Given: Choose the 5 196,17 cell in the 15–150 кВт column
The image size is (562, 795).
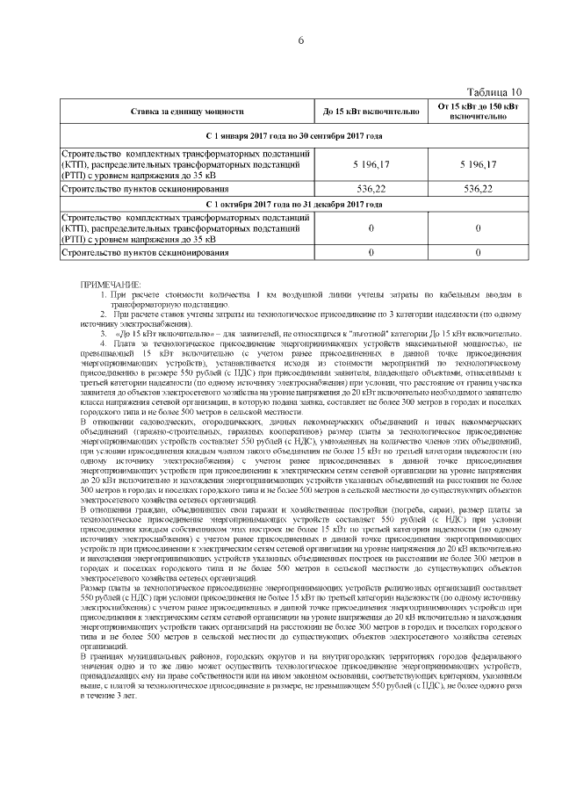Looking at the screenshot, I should click(x=478, y=164).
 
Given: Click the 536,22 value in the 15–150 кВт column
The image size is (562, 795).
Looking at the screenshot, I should click(x=478, y=188).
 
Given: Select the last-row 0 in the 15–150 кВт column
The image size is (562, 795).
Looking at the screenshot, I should click(x=478, y=253).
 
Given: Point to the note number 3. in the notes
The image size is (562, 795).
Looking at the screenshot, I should click(x=103, y=334).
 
